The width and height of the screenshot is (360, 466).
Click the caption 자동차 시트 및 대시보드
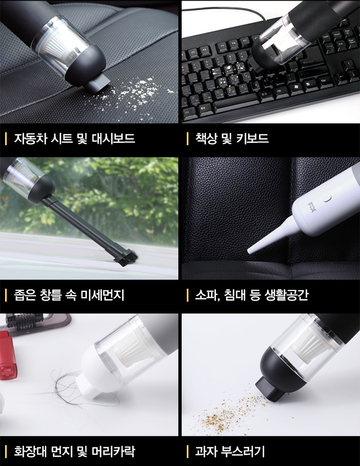tap(74, 138)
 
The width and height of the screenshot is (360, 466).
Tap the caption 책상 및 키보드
tap(232, 138)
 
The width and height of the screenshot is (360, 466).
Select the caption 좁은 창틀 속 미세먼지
tap(69, 295)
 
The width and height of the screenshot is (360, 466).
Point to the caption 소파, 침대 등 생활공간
tap(251, 295)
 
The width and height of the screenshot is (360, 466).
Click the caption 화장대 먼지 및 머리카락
tap(74, 451)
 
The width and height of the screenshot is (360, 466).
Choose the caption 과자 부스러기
tap(229, 451)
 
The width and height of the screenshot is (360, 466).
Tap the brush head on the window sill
tap(126, 258)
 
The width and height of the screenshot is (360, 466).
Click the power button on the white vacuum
tap(327, 198)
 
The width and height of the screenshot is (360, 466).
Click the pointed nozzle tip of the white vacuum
tap(250, 252)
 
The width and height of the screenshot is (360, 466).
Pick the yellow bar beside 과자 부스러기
tap(187, 452)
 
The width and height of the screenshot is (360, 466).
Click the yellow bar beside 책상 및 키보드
tap(187, 139)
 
